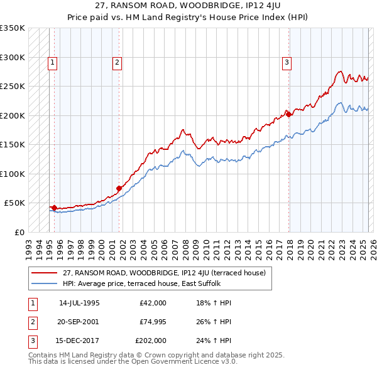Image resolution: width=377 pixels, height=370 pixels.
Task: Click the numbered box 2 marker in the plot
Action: click(117, 62)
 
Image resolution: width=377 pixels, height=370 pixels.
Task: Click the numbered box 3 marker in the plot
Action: click(286, 62)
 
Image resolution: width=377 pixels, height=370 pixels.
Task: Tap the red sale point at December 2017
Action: click(288, 114)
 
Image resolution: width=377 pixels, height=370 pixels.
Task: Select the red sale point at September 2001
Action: click(119, 188)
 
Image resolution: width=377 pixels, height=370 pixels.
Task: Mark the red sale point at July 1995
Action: click(54, 208)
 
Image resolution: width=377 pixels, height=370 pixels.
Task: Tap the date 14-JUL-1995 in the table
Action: click(79, 303)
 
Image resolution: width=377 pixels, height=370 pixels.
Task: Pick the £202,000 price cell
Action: click(151, 341)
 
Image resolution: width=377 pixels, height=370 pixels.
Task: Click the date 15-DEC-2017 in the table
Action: click(79, 341)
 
